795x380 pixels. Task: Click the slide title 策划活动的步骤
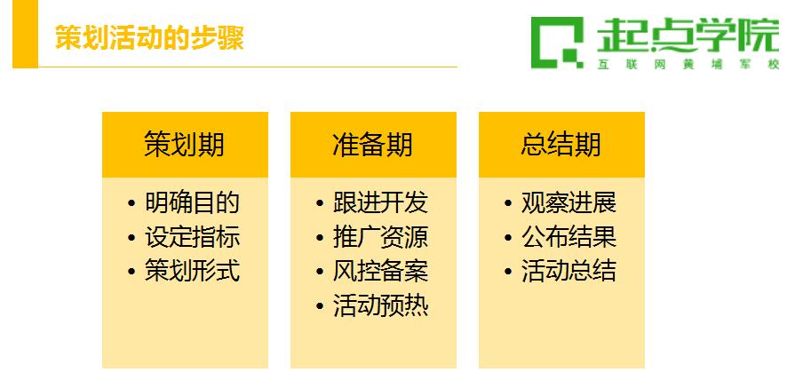pos(149,37)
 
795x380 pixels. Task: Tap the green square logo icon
pos(557,43)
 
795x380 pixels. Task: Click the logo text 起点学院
pos(688,35)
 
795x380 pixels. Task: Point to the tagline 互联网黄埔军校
pos(688,65)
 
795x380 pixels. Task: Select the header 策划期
pos(184,145)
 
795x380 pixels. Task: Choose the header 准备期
pos(373,145)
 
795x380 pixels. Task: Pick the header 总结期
pos(560,145)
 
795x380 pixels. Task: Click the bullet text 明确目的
pos(192,202)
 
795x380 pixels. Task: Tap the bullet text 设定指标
pos(192,237)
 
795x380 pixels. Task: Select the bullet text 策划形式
pos(192,271)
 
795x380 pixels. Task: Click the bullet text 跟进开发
pos(380,202)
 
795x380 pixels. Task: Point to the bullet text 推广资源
pos(380,237)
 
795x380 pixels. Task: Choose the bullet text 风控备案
pos(380,271)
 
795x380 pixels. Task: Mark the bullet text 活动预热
pos(380,305)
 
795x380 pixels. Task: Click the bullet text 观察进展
pos(568,202)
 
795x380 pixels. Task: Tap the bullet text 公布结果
pos(568,237)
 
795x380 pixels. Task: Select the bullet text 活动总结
pos(568,271)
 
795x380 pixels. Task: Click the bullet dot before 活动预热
pos(320,306)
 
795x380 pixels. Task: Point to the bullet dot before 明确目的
pos(131,203)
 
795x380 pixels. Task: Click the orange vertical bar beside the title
pos(26,34)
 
